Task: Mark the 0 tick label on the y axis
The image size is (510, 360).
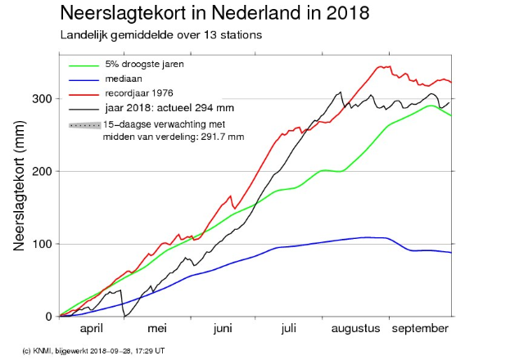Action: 50,317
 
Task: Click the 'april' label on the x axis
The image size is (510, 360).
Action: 93,329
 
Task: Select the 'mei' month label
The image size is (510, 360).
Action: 157,329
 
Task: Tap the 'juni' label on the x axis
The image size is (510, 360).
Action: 223,329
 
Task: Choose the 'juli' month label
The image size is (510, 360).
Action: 287,329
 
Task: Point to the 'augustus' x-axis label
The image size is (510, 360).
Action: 355,329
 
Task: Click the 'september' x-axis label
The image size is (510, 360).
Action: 419,329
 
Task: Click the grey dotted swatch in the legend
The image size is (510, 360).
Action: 83,125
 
